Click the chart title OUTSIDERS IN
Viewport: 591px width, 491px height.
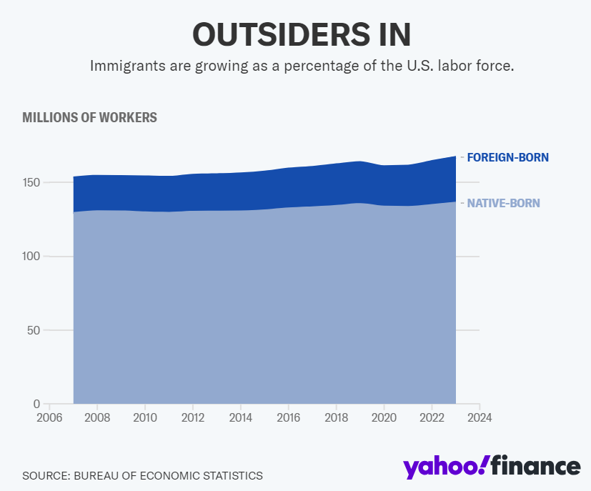(302, 34)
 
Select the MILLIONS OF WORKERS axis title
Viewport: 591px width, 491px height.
(89, 117)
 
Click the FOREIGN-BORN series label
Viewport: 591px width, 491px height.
(507, 157)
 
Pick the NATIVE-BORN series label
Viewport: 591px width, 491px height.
(503, 203)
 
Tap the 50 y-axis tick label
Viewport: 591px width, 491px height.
(33, 330)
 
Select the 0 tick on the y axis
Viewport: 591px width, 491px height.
(36, 404)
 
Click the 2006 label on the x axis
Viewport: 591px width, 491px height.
(49, 417)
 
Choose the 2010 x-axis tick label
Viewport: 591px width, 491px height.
(145, 417)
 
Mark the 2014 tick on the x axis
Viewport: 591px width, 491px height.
(241, 417)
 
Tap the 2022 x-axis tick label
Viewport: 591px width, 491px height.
(432, 417)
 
